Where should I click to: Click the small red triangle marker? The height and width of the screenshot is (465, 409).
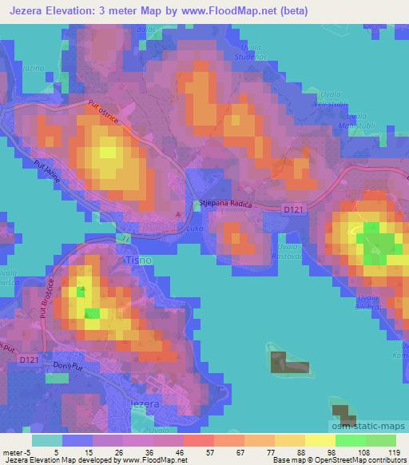[179, 214]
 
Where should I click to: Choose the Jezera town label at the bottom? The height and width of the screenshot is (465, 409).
[145, 405]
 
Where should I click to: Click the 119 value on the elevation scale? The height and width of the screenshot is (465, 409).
[395, 451]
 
